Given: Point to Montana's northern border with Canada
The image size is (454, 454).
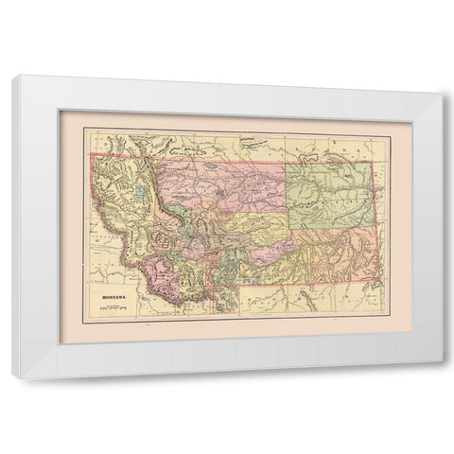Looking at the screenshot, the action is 236,154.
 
